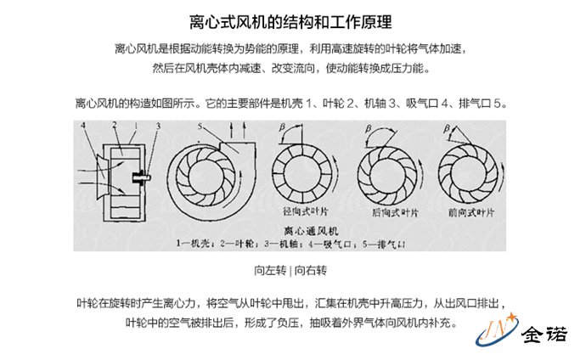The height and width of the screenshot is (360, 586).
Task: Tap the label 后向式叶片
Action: click(392, 212)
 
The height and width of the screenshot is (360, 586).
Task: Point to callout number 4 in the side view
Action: click(83, 127)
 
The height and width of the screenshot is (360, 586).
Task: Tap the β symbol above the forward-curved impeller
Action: click(447, 129)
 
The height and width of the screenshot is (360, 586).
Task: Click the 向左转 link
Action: click(270, 271)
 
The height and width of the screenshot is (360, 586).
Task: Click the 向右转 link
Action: click(311, 271)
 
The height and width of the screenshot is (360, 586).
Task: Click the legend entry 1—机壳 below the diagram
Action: click(193, 243)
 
